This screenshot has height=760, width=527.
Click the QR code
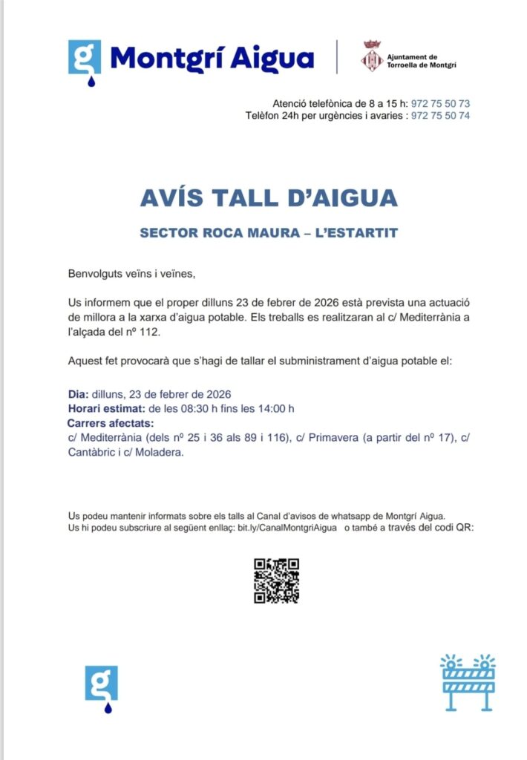pyautogui.click(x=276, y=580)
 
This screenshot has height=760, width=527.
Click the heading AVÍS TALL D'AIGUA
pyautogui.click(x=268, y=197)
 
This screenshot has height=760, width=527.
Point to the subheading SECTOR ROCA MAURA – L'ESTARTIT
pyautogui.click(x=269, y=233)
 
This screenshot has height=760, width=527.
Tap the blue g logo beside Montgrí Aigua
pyautogui.click(x=84, y=59)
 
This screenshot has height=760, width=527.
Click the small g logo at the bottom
pyautogui.click(x=101, y=686)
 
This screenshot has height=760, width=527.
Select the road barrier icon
pyautogui.click(x=468, y=682)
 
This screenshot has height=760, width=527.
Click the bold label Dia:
pyautogui.click(x=79, y=394)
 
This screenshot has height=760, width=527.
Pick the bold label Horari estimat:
pyautogui.click(x=106, y=408)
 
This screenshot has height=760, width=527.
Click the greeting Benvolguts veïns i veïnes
pyautogui.click(x=131, y=274)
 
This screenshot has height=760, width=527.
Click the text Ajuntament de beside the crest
pyautogui.click(x=413, y=56)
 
